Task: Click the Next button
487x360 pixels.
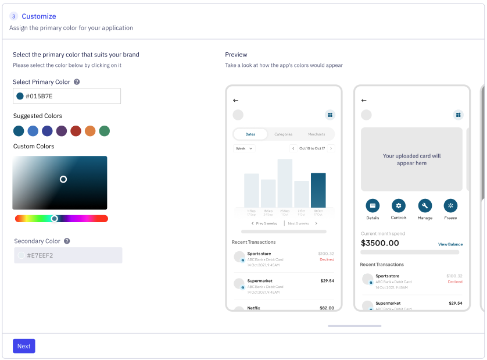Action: click(x=24, y=346)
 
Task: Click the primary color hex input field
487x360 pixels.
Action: click(x=67, y=96)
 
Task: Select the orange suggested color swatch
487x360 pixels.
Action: click(x=90, y=131)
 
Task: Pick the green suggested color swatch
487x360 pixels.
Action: click(x=105, y=131)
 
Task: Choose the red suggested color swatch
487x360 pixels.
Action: click(x=76, y=131)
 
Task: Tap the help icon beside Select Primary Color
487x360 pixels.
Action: click(x=77, y=82)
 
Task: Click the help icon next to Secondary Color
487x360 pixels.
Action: click(x=67, y=241)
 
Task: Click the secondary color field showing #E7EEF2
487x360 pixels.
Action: click(x=68, y=255)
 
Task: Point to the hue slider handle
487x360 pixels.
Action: click(x=54, y=219)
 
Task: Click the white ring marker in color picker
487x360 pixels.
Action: click(x=63, y=179)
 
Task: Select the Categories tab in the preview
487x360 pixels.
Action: click(x=283, y=134)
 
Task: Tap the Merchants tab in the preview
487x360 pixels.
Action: click(x=317, y=134)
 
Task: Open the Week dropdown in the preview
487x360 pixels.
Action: click(x=244, y=148)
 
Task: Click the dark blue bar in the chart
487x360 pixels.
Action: click(x=318, y=190)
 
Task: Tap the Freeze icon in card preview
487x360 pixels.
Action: click(x=450, y=205)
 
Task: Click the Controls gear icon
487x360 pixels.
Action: click(x=399, y=205)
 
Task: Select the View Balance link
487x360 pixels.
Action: click(x=450, y=244)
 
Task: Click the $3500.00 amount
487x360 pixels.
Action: click(x=380, y=243)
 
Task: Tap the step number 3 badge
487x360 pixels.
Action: click(x=14, y=16)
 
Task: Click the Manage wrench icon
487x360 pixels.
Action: click(x=425, y=205)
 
